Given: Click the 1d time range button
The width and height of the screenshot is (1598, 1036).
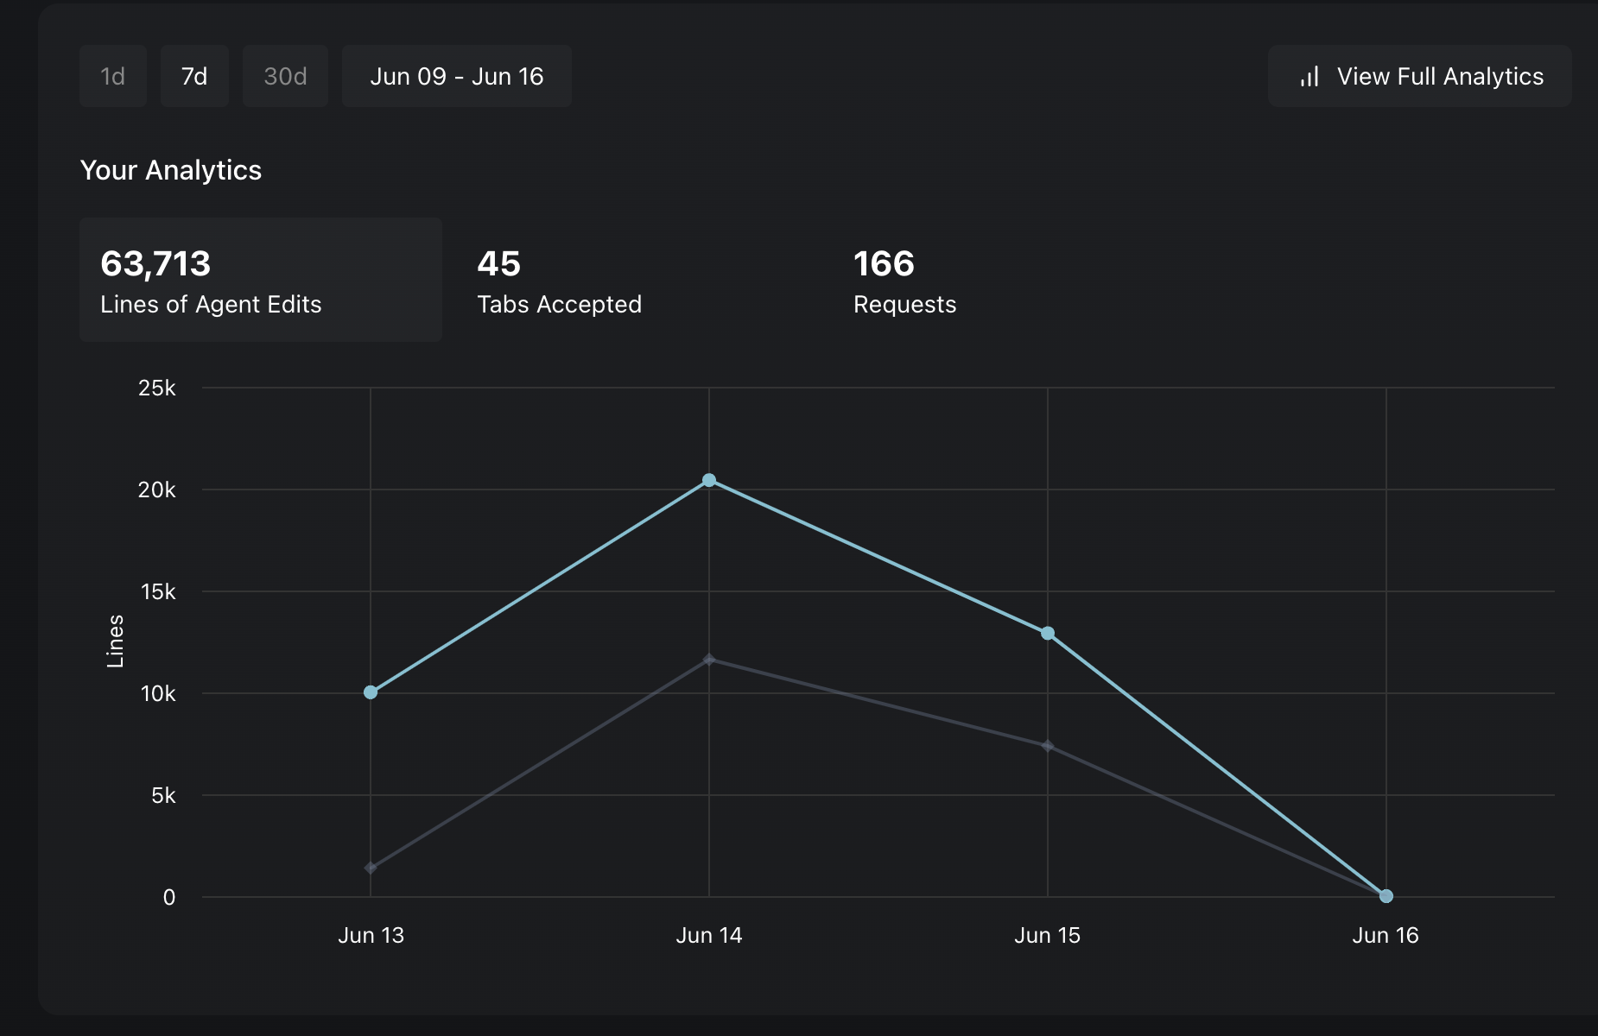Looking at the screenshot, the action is (113, 76).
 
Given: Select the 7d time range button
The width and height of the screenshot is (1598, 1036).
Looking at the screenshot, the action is (194, 76).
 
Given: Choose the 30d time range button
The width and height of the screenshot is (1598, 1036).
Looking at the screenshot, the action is (285, 76).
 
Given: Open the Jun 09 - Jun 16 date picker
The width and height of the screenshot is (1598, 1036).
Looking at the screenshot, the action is (457, 76).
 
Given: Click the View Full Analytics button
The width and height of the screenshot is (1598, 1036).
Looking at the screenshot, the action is (1419, 76).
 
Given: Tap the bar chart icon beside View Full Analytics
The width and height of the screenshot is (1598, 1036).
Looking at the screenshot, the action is (1309, 77).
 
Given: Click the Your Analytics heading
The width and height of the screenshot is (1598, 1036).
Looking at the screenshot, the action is (171, 170).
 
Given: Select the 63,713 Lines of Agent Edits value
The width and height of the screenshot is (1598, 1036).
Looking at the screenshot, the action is (155, 263).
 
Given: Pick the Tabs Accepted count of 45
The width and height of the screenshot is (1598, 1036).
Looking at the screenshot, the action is (499, 263).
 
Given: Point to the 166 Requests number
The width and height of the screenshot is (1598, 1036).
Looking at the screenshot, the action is (884, 263).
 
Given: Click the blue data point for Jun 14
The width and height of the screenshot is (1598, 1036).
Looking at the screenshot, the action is (709, 480).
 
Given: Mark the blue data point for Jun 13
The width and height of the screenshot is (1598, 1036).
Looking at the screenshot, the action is (371, 692).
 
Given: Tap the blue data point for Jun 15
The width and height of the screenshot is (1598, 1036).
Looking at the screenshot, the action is (1048, 634).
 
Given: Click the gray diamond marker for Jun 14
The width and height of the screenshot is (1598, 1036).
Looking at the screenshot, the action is (709, 660).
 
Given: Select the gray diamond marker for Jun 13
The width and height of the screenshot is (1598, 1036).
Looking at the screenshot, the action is (371, 868).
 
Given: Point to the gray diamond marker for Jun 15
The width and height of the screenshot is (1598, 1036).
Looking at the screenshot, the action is (1048, 746).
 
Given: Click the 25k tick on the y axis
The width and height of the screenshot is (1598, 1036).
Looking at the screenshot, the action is (157, 388).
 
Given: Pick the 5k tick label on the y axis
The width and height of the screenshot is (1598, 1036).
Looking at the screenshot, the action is (163, 795).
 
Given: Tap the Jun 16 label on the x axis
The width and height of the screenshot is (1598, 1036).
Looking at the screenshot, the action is (1386, 935).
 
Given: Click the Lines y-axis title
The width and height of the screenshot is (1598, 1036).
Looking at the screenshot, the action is (115, 641).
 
